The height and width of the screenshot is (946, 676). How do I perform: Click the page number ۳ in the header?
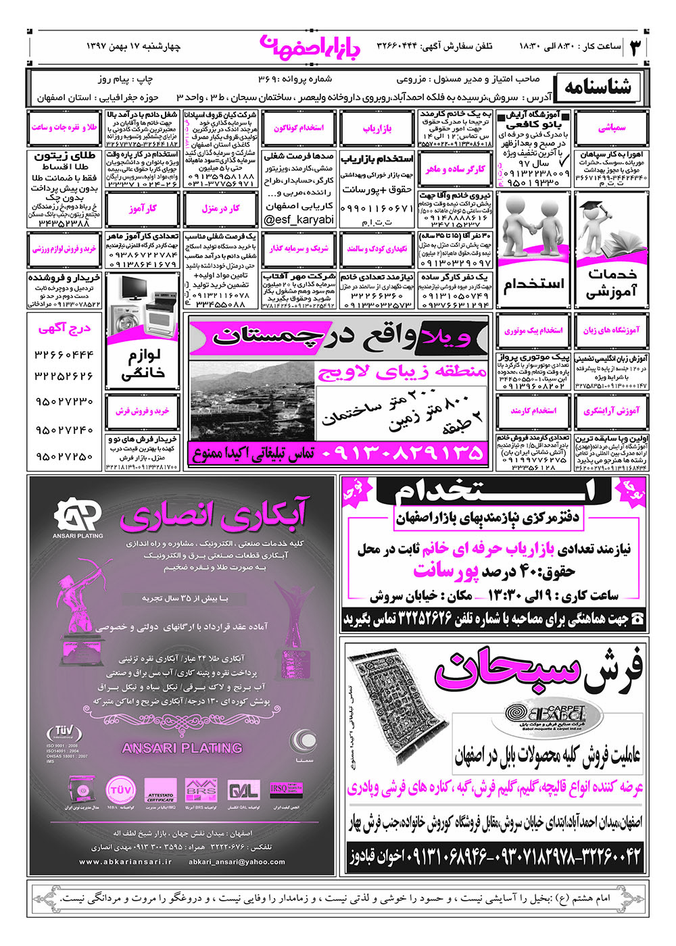pos(636,47)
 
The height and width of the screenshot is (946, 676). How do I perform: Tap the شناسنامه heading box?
pos(598,86)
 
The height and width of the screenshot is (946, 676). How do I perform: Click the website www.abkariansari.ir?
pos(126,862)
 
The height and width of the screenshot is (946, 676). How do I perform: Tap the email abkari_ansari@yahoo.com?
pos(237,862)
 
